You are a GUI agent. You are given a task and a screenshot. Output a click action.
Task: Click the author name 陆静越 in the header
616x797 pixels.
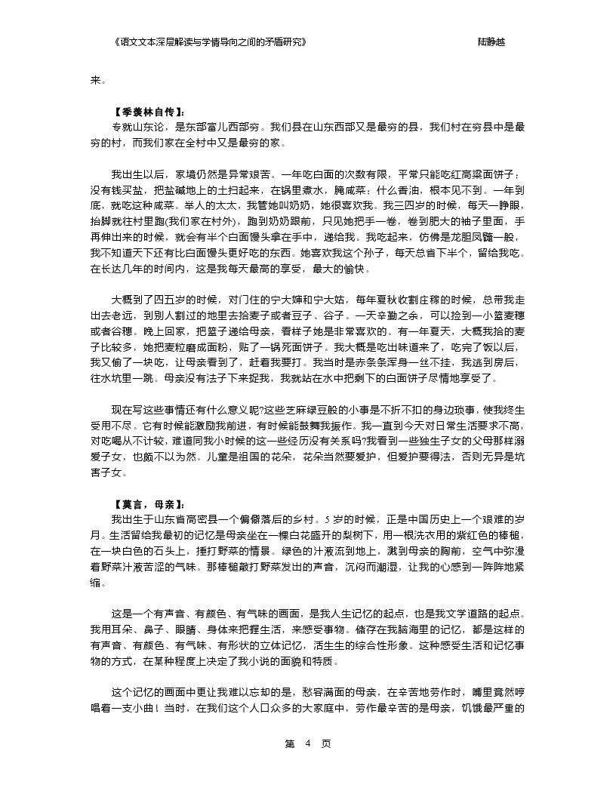tap(491, 42)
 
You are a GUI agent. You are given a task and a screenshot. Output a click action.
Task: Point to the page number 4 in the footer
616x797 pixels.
tap(307, 743)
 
